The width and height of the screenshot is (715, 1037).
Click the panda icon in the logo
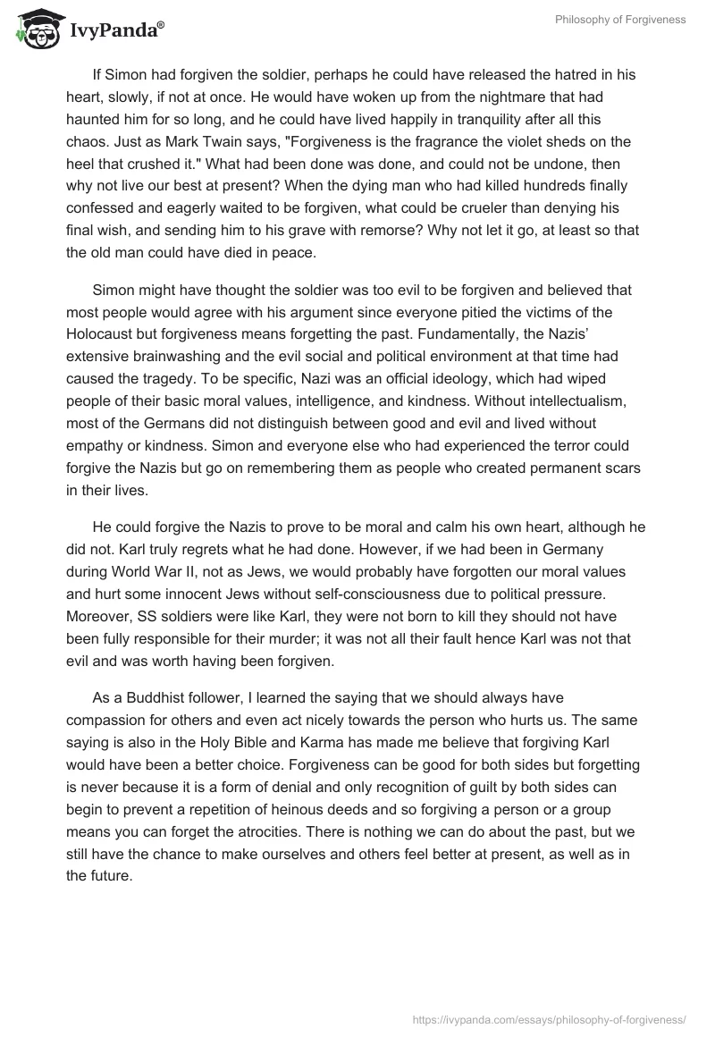pos(33,28)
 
